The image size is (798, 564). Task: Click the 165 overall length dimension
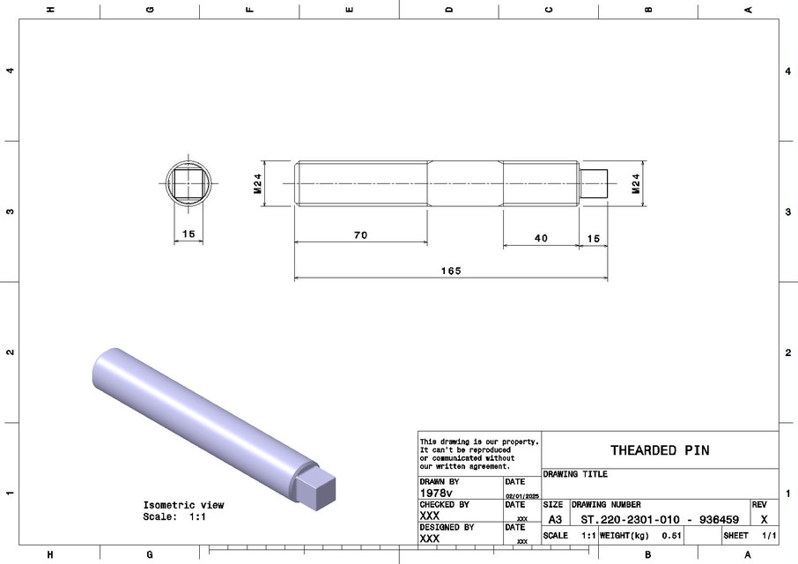tap(452, 271)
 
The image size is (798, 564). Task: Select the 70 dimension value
tap(359, 235)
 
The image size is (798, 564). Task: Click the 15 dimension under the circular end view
tap(188, 234)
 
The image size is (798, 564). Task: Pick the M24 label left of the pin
tap(258, 183)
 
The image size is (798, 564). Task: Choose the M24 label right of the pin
tap(635, 182)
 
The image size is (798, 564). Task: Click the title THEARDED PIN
tap(660, 450)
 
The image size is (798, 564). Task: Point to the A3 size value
tap(555, 520)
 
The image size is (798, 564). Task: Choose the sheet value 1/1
tap(768, 536)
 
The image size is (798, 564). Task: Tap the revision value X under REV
tap(763, 520)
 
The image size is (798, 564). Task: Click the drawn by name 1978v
tap(437, 493)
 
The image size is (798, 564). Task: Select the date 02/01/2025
tap(521, 497)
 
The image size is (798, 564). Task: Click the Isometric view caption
tap(183, 505)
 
